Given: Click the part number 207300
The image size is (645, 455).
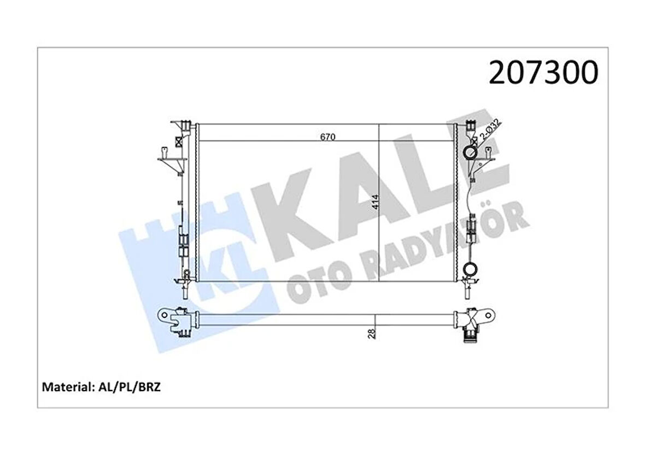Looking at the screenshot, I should point(543,73).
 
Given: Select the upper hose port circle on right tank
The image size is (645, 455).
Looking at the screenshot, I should point(470,152).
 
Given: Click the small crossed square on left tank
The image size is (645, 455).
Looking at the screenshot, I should point(178,140).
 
